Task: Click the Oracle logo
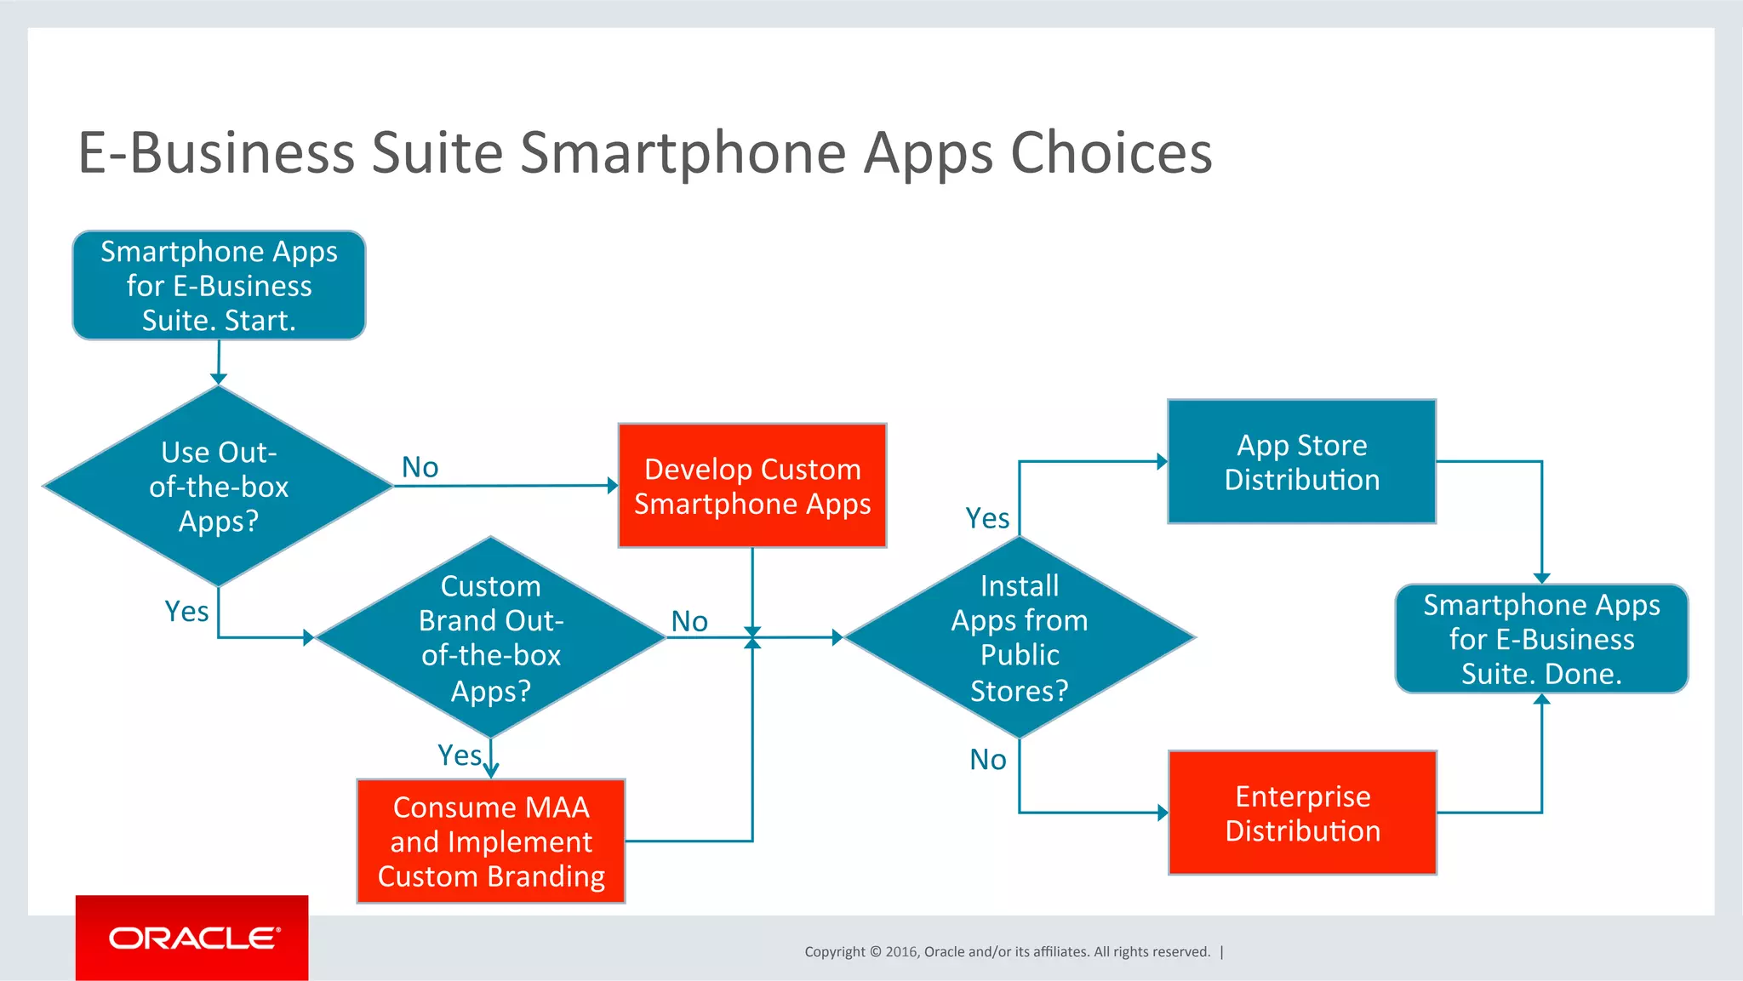click(192, 938)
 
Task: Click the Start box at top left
click(219, 286)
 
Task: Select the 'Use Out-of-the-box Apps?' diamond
click(219, 486)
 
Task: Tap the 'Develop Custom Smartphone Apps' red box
click(752, 486)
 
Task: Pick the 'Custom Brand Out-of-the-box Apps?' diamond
click(491, 637)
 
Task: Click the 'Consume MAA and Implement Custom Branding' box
click(491, 841)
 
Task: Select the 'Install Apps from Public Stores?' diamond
click(1020, 637)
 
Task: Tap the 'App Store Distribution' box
click(1301, 462)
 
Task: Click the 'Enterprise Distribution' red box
click(1302, 813)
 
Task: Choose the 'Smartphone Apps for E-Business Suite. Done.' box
click(1541, 639)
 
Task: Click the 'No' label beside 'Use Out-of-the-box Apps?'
click(420, 467)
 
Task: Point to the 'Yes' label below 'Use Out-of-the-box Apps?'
click(186, 611)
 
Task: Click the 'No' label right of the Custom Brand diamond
click(689, 621)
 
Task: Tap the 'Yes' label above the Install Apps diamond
click(987, 517)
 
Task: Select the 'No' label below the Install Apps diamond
click(988, 759)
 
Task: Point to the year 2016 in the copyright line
click(900, 951)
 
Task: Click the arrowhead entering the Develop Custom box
click(613, 486)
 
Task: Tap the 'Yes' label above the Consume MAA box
click(460, 755)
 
